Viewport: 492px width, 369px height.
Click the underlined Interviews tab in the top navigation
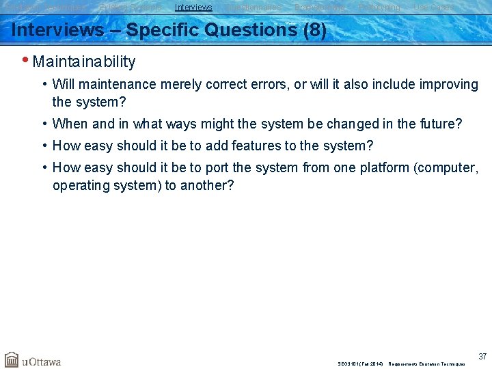[x=193, y=8]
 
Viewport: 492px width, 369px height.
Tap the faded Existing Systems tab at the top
[x=131, y=8]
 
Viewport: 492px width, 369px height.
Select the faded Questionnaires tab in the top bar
[x=254, y=8]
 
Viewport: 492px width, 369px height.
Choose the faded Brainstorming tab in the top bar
[x=320, y=8]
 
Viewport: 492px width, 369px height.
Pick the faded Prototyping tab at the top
[x=379, y=8]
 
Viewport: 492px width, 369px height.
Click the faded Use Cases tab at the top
[x=433, y=8]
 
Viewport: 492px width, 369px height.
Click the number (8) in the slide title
[x=314, y=31]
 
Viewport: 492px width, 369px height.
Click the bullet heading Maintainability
[x=84, y=62]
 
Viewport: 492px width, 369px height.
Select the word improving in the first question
[x=447, y=85]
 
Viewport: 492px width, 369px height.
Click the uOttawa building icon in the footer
[x=12, y=359]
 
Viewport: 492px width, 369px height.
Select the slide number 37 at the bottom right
[x=482, y=357]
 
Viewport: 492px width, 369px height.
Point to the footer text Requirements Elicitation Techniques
[x=426, y=364]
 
